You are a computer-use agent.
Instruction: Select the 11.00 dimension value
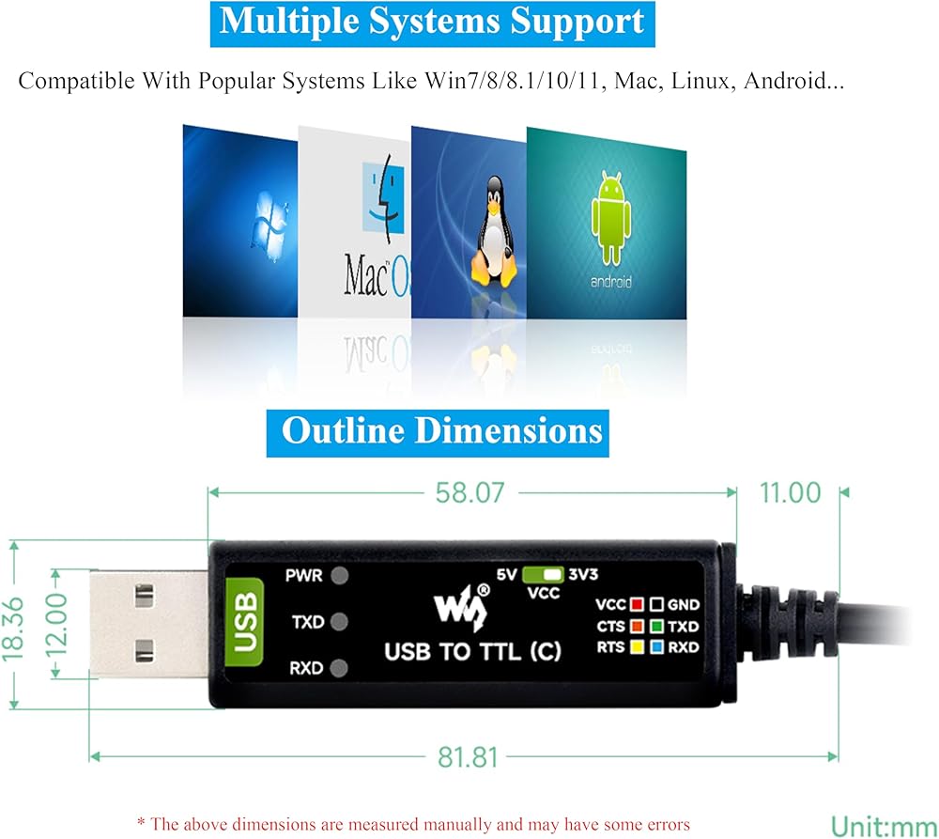[x=790, y=492]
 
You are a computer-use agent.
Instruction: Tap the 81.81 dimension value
[x=467, y=757]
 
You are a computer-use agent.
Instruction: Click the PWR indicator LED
[x=339, y=575]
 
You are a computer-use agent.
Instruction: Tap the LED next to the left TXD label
[x=339, y=621]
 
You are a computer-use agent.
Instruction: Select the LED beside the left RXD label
[x=339, y=668]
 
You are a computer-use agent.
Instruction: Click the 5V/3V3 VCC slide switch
[x=545, y=574]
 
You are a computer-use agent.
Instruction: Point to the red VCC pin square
[x=637, y=605]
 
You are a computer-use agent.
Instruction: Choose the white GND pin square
[x=657, y=605]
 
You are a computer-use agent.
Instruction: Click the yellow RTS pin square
[x=637, y=646]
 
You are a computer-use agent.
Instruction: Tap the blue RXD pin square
[x=657, y=646]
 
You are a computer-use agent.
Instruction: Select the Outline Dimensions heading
[x=441, y=431]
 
